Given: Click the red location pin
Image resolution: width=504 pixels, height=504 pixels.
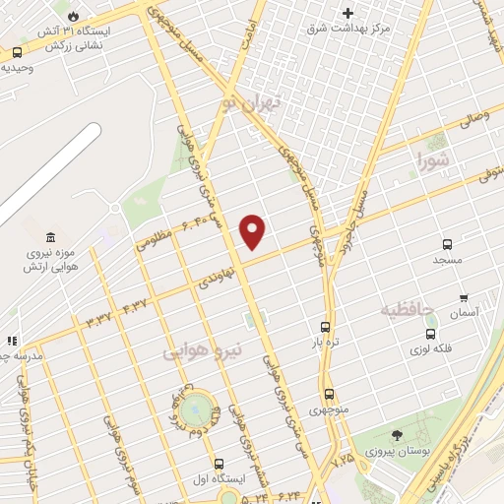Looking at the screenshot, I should (253, 229).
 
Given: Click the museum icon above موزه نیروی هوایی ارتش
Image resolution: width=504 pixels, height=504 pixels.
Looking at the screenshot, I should (49, 237).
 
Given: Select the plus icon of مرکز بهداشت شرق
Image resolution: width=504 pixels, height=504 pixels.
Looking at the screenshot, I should (346, 13).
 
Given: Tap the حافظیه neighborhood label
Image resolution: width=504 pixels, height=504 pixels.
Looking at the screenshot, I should (408, 311).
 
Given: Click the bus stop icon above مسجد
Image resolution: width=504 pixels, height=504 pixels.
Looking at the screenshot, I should (447, 244).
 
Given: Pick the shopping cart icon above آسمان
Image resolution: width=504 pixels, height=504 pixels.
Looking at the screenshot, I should (464, 296).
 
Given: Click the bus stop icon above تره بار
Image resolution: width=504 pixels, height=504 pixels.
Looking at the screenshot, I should (325, 327).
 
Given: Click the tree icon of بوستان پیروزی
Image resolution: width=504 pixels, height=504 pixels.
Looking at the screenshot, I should (397, 435).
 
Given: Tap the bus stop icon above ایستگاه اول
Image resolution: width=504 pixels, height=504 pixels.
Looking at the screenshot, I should (219, 463).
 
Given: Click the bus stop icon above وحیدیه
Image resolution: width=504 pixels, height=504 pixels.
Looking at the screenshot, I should (18, 52).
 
